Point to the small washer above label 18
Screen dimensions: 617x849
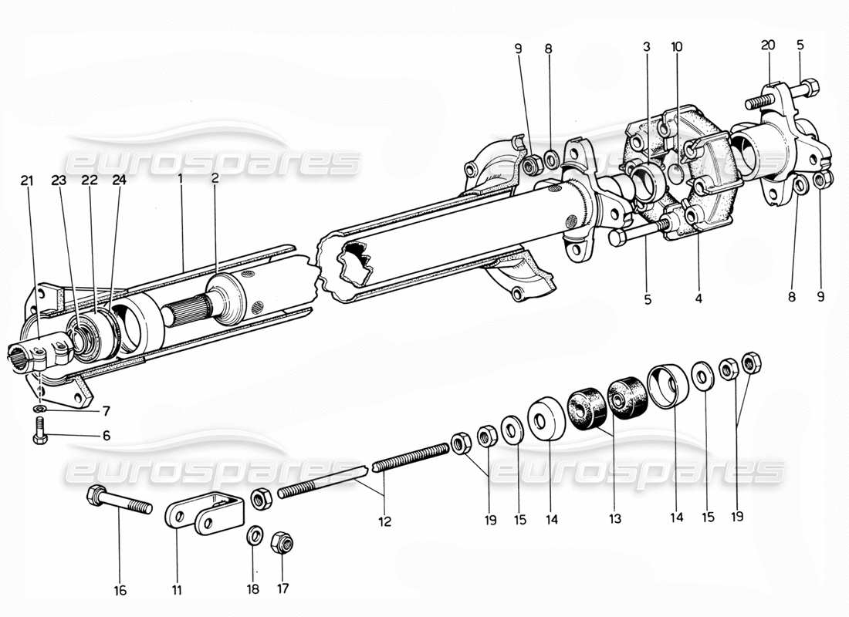click(x=254, y=534)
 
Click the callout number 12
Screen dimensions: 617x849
click(x=384, y=521)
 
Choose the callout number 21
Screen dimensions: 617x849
click(x=27, y=181)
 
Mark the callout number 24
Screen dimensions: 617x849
click(x=117, y=181)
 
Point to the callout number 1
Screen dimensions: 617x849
click(x=181, y=177)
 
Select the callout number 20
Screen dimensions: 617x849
click(x=767, y=46)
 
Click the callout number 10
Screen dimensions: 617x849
click(x=677, y=46)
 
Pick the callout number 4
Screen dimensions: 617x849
click(x=698, y=295)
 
